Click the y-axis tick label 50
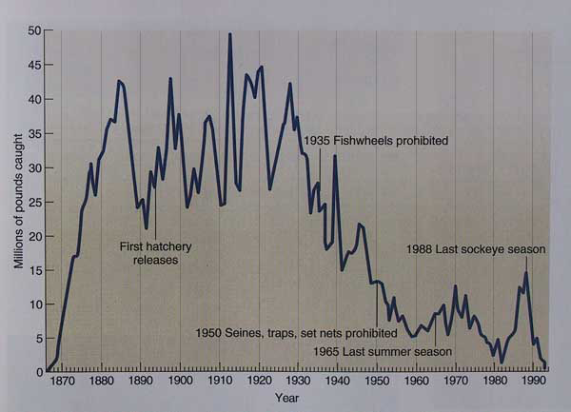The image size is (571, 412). pos(34,30)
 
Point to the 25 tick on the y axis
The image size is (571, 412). pos(34,201)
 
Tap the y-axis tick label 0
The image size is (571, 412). pos(37,371)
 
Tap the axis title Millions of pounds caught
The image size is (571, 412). pos(18,201)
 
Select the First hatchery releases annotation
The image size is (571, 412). pos(155,252)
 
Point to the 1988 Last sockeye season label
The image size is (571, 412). pos(476,249)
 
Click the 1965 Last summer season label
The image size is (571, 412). pos(383,349)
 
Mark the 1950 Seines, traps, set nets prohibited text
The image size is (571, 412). pos(296,334)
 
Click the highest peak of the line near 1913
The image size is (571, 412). pos(229,34)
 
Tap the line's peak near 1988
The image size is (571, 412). pos(525,273)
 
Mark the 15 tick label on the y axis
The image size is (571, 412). pos(34,269)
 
